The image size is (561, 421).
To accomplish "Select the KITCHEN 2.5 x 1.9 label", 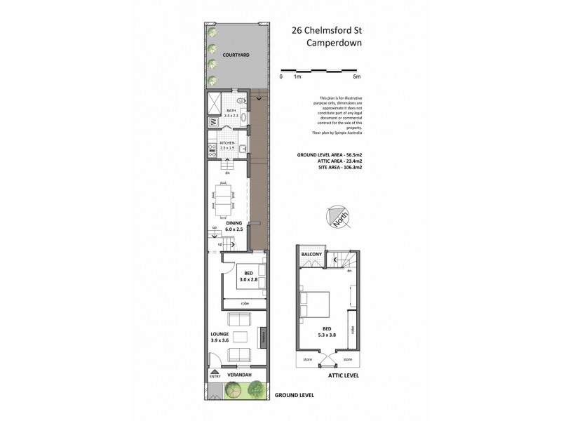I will coord(227,146).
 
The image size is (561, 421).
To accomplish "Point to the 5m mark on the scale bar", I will coord(356,76).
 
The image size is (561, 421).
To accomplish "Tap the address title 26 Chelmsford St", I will coord(327,30).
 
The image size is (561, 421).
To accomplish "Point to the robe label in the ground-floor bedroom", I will coord(244,303).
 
